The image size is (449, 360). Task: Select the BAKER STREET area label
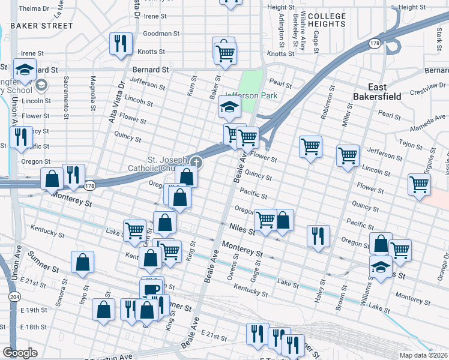(41, 26)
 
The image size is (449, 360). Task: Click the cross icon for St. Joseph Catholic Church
(196, 162)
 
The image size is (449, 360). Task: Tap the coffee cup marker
(151, 289)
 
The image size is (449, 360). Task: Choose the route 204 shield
(13, 296)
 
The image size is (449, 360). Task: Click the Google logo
(20, 353)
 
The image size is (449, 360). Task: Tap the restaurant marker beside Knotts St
(120, 43)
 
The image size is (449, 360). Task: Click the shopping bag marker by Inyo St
(83, 262)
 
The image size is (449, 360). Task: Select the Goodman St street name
(158, 34)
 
